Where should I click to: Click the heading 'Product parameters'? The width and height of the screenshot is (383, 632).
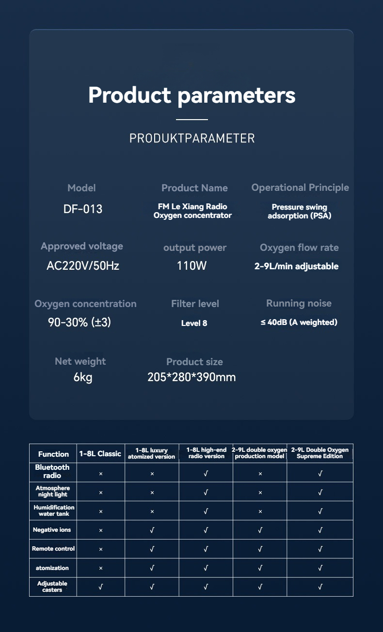[x=191, y=95]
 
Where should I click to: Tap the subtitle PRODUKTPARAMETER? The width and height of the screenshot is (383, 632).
[x=191, y=138]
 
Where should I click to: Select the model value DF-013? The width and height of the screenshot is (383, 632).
[x=83, y=209]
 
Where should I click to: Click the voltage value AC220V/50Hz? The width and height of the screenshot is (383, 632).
[x=83, y=266]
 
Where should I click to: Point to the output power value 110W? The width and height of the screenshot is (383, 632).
[x=191, y=266]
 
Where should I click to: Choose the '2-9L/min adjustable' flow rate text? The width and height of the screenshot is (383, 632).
[x=296, y=266]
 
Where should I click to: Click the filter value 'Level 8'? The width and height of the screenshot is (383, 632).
[x=194, y=323]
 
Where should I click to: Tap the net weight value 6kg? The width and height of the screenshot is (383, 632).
[x=83, y=377]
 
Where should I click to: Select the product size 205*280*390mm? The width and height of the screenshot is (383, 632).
[x=191, y=377]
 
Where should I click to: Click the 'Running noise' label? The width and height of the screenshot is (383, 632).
[x=299, y=304]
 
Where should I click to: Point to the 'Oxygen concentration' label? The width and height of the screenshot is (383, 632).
[x=85, y=304]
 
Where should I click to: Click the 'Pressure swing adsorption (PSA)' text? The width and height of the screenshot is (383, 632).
[x=299, y=212]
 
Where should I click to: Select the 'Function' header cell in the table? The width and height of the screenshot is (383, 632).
[x=53, y=454]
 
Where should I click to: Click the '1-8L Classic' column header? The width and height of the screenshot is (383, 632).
[x=100, y=454]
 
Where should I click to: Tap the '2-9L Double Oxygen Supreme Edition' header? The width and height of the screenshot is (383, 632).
[x=320, y=453]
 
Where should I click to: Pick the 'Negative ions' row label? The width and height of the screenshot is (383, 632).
[x=52, y=530]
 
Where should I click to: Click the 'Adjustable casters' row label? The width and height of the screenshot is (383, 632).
[x=52, y=586]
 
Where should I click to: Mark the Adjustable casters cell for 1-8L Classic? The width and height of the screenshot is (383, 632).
[x=100, y=587]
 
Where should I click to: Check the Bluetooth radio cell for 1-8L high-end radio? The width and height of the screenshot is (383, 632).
[x=206, y=473]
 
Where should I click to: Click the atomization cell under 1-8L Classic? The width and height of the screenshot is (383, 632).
[x=100, y=568]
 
